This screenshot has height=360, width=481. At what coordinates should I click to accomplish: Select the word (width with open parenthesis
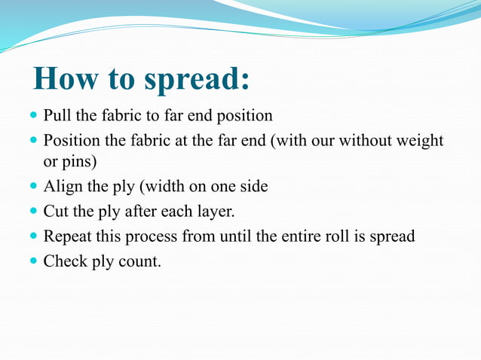click(x=159, y=187)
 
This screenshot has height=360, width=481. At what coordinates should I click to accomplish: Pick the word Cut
click(x=57, y=212)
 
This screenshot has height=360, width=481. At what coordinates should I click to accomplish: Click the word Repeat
click(x=68, y=236)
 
